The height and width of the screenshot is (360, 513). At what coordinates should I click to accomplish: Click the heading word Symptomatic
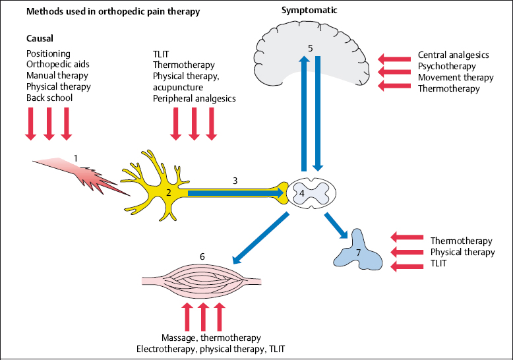(x=306, y=11)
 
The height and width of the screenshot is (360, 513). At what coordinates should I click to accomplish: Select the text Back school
(x=49, y=98)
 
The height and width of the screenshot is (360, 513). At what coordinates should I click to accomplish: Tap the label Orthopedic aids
(x=57, y=65)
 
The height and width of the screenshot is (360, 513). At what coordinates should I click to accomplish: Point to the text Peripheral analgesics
(x=194, y=99)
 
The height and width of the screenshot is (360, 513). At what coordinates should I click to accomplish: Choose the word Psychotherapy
(x=448, y=67)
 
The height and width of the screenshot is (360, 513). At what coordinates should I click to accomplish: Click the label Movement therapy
(x=456, y=77)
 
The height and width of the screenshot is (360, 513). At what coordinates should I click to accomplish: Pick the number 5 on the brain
(x=311, y=47)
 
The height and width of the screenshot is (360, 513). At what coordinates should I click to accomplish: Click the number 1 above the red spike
(x=76, y=158)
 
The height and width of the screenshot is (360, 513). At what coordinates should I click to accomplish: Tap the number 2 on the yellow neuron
(x=168, y=193)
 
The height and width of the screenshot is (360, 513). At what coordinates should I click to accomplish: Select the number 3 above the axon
(x=234, y=179)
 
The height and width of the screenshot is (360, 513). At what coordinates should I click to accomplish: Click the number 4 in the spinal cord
(x=301, y=194)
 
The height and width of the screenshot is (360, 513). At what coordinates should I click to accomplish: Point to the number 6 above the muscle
(x=202, y=255)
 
